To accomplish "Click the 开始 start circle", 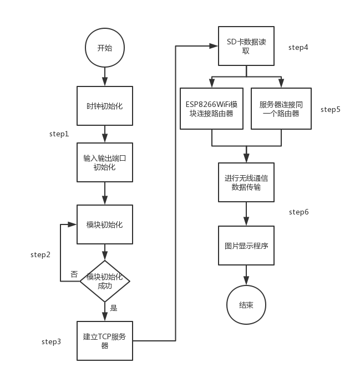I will pos(104,48).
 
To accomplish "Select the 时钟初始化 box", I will pos(105,106).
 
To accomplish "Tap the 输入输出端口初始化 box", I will pos(105,162).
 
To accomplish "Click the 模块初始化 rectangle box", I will pos(105,224).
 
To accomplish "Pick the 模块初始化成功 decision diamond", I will pos(105,282).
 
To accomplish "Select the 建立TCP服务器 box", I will pos(105,340).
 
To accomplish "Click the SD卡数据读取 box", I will pos(246,47).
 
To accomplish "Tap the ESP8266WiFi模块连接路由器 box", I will pos(212,109).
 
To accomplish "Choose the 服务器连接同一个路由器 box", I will pos(281,109).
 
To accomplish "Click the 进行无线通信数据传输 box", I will pos(246,182).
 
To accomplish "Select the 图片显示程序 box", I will pos(246,245).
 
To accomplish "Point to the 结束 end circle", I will pos(246,305).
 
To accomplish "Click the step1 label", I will pos(59,134).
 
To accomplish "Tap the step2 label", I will pos(40,254).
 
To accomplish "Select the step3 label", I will pos(52,341).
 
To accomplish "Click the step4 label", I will pos(298,47).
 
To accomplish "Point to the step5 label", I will pos(331,109).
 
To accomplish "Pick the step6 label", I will pos(299,212).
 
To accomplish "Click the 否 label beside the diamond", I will pos(74,274).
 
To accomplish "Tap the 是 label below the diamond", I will pos(114,308).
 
